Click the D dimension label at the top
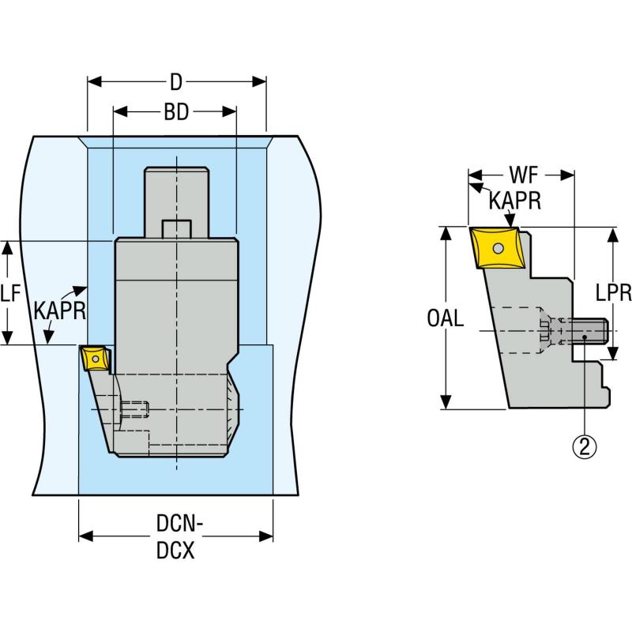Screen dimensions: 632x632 [x=176, y=81]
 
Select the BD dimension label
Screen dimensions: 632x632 [x=176, y=112]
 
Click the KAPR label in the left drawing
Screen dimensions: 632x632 [x=59, y=309]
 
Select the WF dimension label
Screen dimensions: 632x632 [x=521, y=174]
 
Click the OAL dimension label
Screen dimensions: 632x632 [x=446, y=319]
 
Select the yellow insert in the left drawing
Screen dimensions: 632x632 [x=95, y=359]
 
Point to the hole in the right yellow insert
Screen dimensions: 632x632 [x=497, y=249]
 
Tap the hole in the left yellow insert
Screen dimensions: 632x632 [x=96, y=359]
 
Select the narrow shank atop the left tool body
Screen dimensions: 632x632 [x=176, y=201]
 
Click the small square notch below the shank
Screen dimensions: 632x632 [x=176, y=228]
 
